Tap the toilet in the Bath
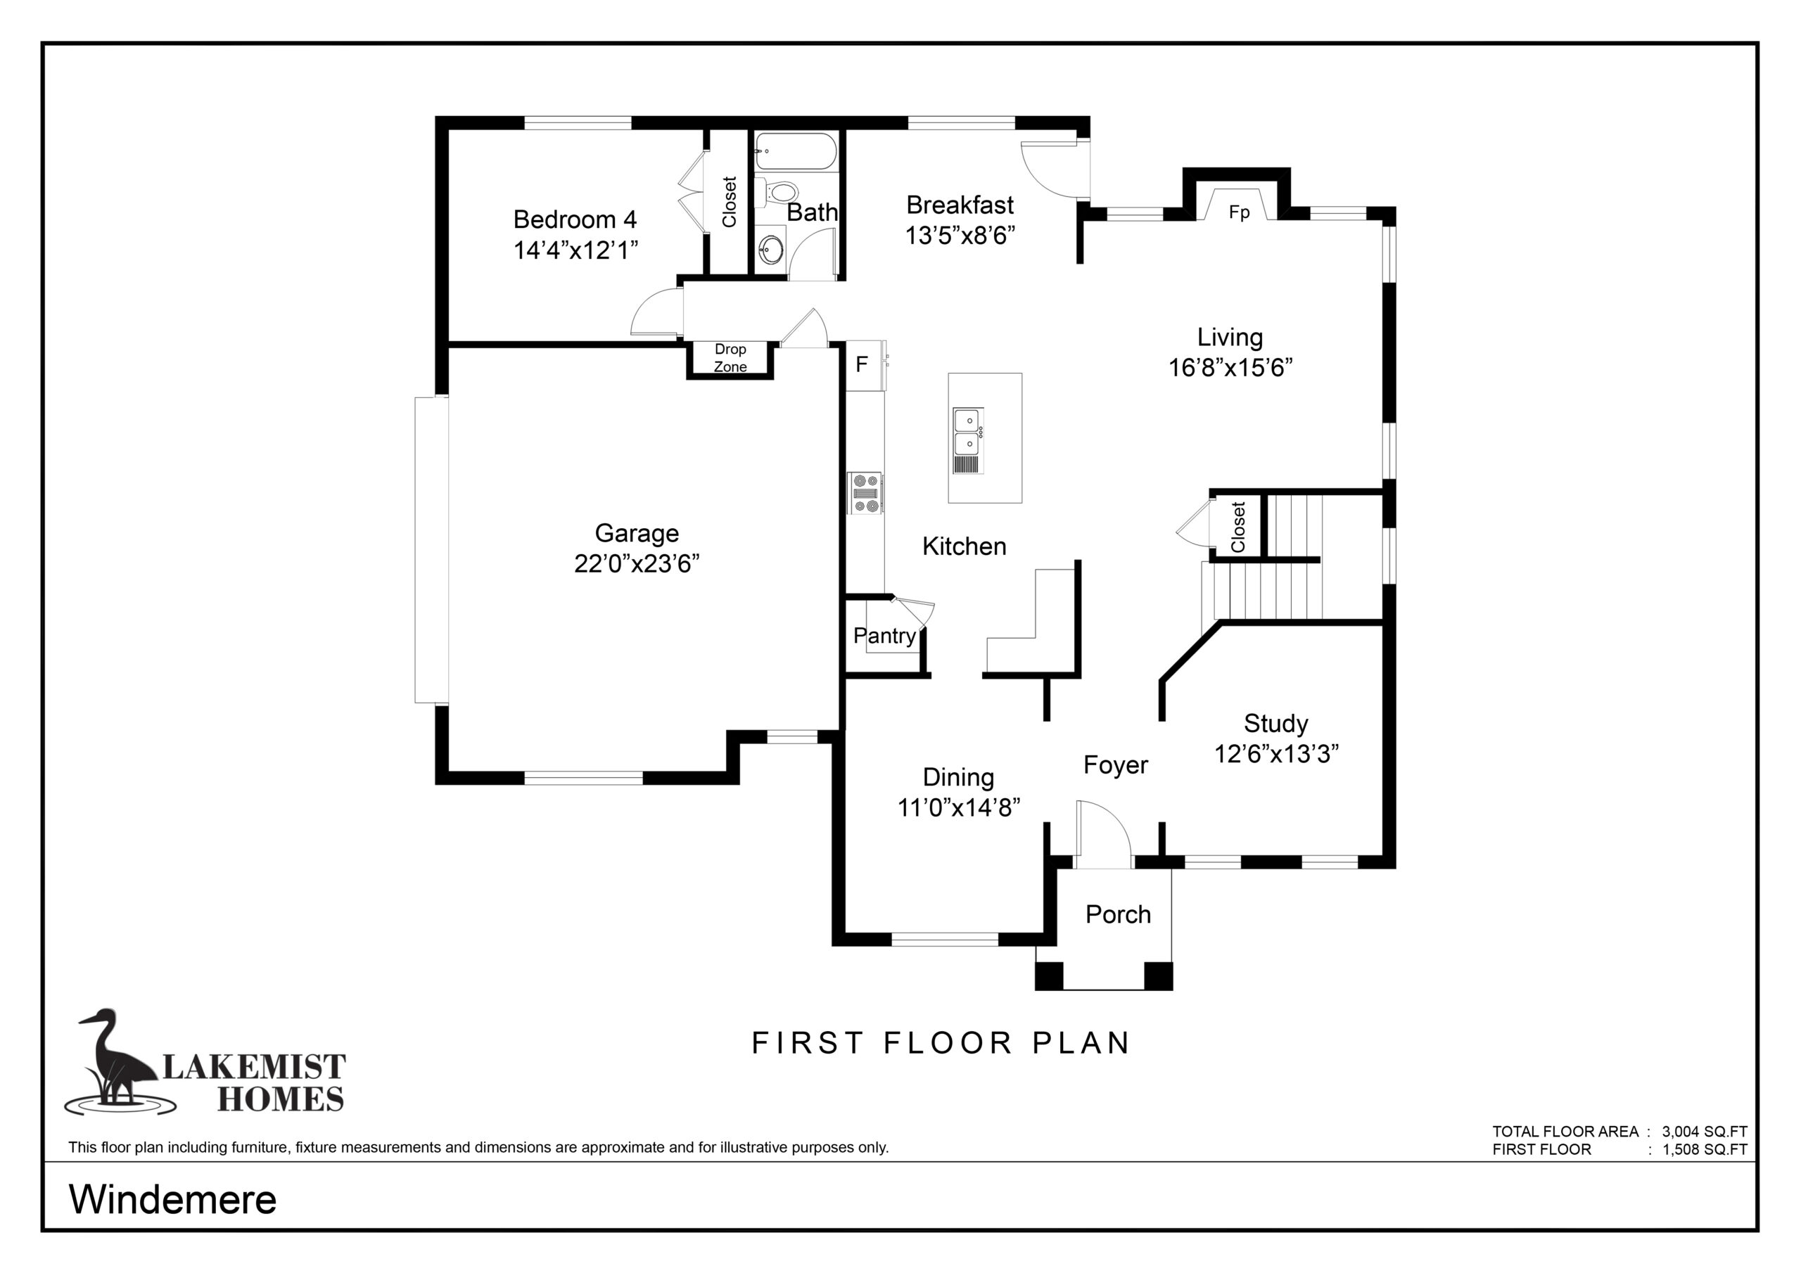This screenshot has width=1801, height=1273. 777,191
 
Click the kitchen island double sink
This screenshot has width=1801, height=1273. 968,441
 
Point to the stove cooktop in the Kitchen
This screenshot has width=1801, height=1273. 865,492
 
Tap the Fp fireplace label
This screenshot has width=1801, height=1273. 1240,212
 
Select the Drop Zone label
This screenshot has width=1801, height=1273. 730,358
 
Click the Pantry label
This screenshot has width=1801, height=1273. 885,635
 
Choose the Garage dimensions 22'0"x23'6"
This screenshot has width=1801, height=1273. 637,563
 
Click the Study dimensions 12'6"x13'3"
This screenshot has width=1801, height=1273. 1276,754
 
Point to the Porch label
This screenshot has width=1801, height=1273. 1118,914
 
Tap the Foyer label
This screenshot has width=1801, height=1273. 1116,765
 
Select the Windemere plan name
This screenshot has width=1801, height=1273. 172,1199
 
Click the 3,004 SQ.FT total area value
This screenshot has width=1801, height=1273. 1705,1132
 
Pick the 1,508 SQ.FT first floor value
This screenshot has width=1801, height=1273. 1705,1150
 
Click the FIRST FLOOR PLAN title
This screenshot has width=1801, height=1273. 941,1043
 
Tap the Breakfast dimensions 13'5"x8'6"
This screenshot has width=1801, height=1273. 960,236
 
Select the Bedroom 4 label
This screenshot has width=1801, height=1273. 575,219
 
